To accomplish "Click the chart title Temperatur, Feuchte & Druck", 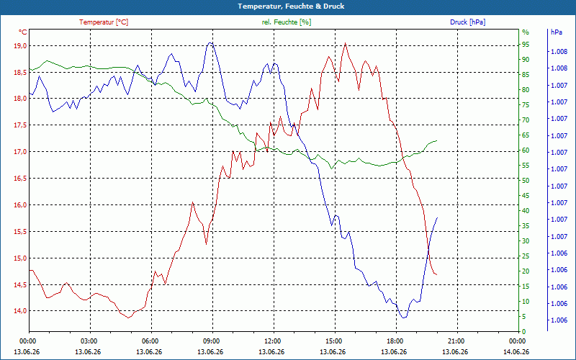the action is [291, 6].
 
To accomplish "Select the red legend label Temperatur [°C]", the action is [104, 22].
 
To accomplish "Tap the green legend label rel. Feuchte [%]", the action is [286, 22].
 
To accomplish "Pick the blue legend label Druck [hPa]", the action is [467, 22].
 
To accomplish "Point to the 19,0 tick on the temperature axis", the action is [20, 46].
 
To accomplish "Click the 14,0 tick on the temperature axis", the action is [20, 311].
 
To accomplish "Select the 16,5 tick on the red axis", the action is [20, 179].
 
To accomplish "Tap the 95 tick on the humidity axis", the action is [526, 45].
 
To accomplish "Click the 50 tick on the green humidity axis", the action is [526, 181].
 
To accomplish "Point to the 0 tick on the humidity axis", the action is [524, 331].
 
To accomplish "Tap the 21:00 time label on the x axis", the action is [456, 341].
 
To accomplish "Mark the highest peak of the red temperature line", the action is [345, 43].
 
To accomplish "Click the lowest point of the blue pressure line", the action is [404, 318].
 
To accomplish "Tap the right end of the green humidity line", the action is [437, 140].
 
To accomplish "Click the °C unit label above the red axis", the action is [22, 32].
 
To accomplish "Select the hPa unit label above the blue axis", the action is [556, 32].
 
